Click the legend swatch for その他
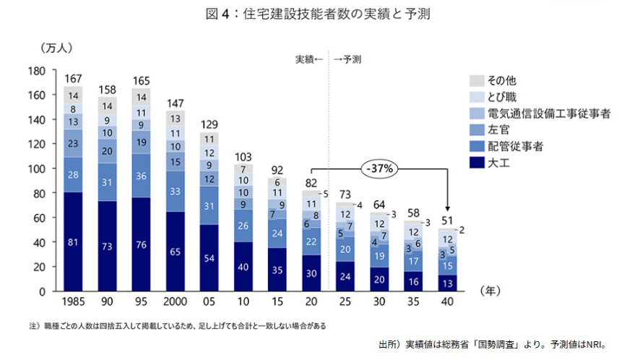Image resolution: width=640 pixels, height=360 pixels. point(476,80)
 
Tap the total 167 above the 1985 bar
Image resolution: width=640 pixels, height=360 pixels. point(73,78)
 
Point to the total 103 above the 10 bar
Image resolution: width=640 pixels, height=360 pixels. point(243,156)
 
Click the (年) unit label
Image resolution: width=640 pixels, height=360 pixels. point(491,290)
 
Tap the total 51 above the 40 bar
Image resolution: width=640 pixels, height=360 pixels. point(447,221)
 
